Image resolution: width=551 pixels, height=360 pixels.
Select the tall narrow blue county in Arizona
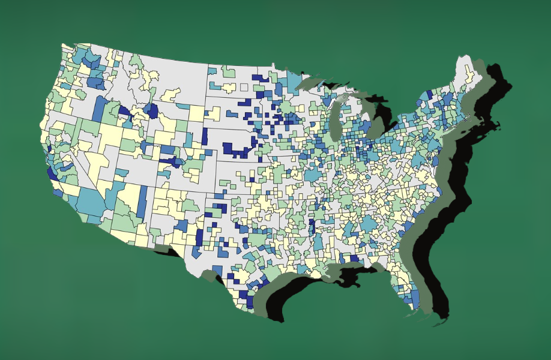142,201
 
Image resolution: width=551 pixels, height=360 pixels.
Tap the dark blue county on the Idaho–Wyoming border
152,110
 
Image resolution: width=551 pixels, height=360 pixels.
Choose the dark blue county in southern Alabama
354,259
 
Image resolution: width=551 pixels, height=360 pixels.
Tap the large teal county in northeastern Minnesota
294,80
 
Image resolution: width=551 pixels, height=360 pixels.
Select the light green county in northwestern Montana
136,62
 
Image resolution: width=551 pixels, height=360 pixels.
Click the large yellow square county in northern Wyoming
196,113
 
